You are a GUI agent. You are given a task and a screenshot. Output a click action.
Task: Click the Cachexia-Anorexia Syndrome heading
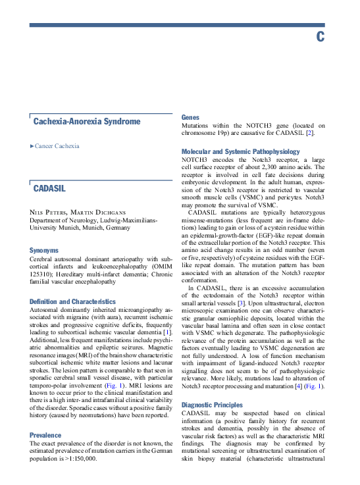coord(86,122)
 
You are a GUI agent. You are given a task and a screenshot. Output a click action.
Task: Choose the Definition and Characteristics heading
coord(72,301)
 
